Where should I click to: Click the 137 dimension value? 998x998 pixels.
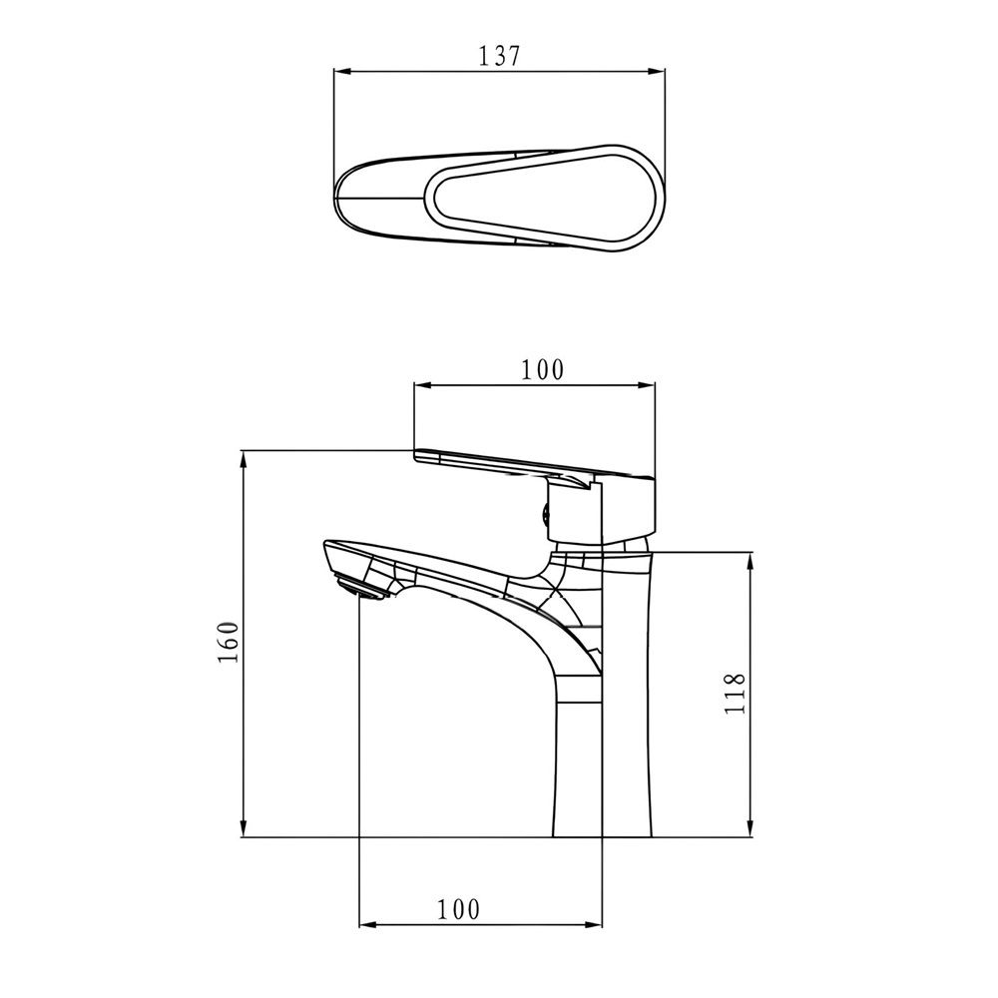[499, 56]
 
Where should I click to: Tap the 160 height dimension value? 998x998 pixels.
[228, 642]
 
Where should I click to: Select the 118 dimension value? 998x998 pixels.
[736, 694]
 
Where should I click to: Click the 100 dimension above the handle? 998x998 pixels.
[542, 369]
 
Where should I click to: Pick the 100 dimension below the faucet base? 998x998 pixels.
[458, 909]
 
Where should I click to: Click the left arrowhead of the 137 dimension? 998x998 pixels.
[342, 71]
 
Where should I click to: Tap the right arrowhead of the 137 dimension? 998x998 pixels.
[657, 71]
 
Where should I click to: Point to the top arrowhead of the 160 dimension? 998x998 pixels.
[244, 459]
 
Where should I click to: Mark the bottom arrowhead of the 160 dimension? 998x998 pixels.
[244, 828]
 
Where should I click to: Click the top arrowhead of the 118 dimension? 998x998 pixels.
[751, 561]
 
